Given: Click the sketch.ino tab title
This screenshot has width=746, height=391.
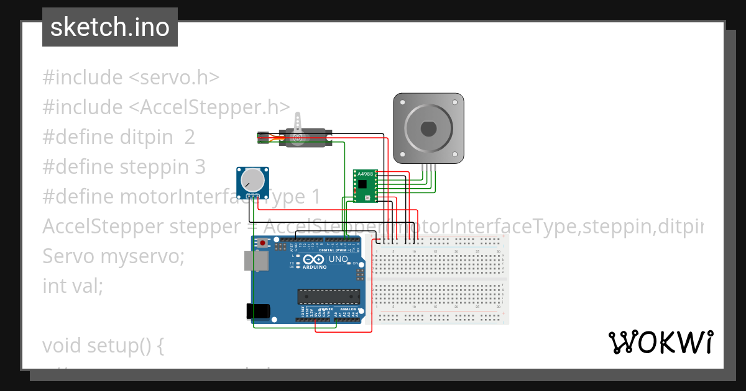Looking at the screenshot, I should [x=109, y=27].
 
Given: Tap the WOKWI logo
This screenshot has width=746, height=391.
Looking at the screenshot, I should [x=660, y=342].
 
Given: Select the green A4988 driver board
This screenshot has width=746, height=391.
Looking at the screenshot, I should [x=365, y=186].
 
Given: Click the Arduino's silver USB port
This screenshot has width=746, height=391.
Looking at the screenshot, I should [x=256, y=261].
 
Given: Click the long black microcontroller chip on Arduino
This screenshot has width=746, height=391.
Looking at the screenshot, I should [x=328, y=298].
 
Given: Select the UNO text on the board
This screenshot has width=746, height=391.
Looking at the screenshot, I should [x=338, y=259].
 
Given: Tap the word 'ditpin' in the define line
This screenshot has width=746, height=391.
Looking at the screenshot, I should [x=146, y=137].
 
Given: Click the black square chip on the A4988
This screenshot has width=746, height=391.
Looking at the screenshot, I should [x=362, y=185].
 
